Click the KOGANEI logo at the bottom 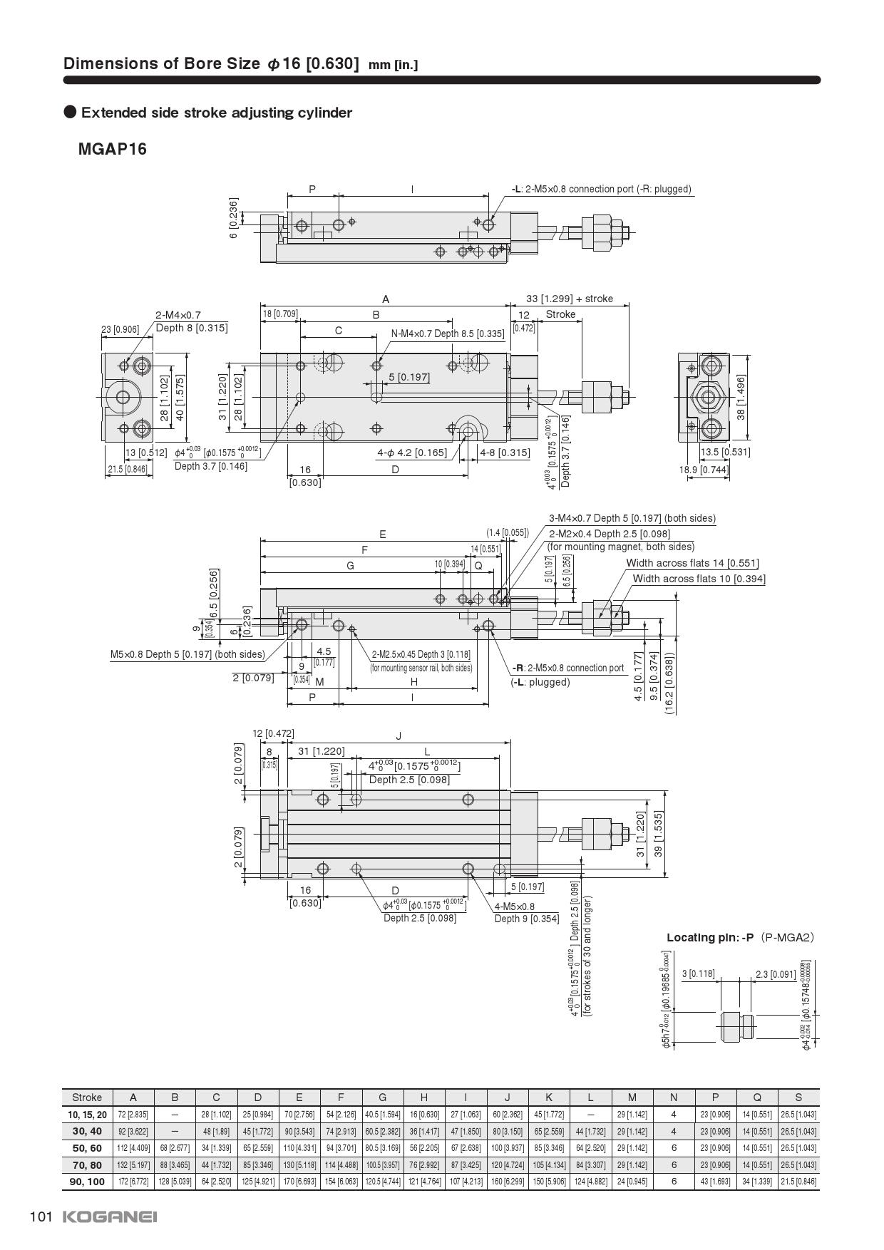pyautogui.click(x=110, y=1217)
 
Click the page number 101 pyautogui.click(x=41, y=1217)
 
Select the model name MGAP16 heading pyautogui.click(x=112, y=149)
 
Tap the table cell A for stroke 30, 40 pyautogui.click(x=133, y=1131)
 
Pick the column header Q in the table pyautogui.click(x=756, y=1097)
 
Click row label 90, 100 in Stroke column pyautogui.click(x=87, y=1182)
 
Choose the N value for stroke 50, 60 pyautogui.click(x=674, y=1148)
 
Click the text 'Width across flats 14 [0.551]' pyautogui.click(x=692, y=563)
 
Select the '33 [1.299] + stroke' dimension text pyautogui.click(x=569, y=299)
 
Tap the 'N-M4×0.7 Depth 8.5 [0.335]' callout pyautogui.click(x=447, y=333)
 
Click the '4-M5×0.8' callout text pyautogui.click(x=515, y=906)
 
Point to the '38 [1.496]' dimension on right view pyautogui.click(x=741, y=397)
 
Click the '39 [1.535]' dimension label pyautogui.click(x=659, y=833)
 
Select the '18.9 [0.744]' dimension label pyautogui.click(x=704, y=470)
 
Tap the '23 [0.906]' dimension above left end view pyautogui.click(x=120, y=329)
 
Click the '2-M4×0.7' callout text pyautogui.click(x=178, y=314)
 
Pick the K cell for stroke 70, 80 pyautogui.click(x=549, y=1164)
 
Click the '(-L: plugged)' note pyautogui.click(x=540, y=682)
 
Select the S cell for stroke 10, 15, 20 pyautogui.click(x=798, y=1115)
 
